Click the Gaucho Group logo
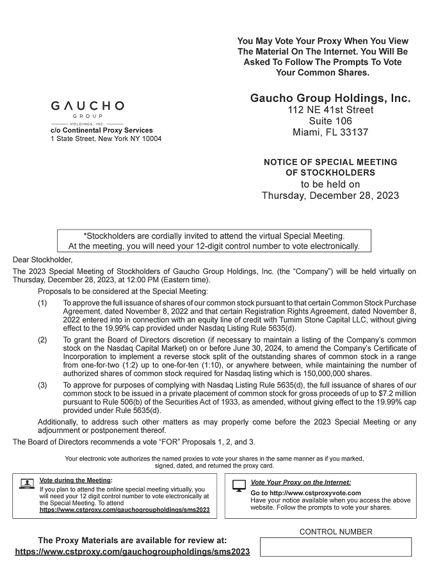(87, 110)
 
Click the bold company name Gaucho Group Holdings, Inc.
(330, 99)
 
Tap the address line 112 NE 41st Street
(330, 110)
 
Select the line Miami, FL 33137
(330, 132)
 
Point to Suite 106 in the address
(330, 121)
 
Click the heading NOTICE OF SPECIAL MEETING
(330, 162)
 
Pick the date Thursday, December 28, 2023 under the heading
(330, 196)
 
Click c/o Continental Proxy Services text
(102, 130)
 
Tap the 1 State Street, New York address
(106, 139)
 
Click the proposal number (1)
(43, 301)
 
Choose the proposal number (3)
(43, 385)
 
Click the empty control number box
(336, 547)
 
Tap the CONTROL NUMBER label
(336, 532)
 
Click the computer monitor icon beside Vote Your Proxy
(238, 485)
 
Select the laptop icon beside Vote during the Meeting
(27, 484)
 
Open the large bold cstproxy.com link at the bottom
(133, 552)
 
